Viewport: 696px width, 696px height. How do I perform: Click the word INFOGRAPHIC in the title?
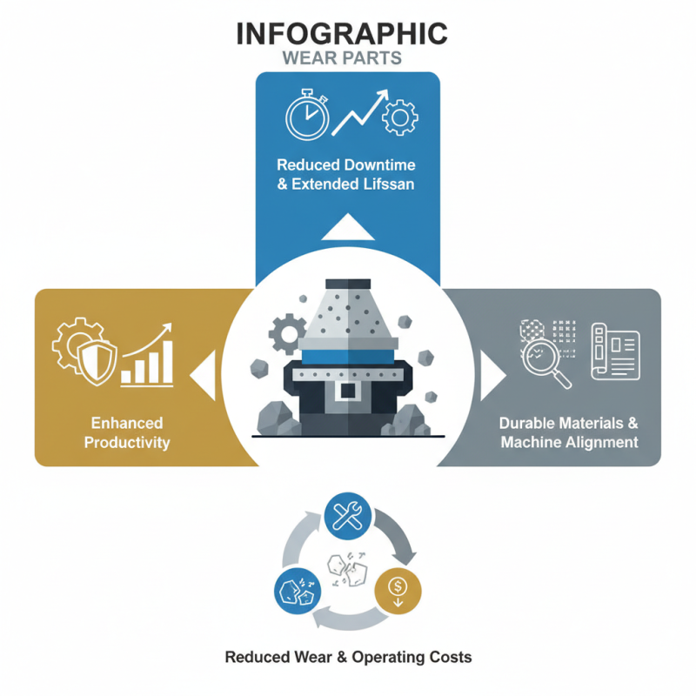point(342,34)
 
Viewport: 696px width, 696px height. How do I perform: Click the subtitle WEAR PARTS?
point(342,58)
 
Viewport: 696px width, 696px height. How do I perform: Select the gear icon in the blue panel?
point(400,117)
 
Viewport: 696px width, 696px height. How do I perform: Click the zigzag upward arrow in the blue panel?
point(360,112)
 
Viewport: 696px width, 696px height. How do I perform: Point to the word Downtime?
point(379,165)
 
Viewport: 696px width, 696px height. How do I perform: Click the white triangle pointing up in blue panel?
point(348,227)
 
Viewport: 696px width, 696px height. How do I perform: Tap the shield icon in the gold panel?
point(97,364)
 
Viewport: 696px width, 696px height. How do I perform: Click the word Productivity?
point(127,443)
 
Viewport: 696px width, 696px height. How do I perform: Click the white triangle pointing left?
point(204,375)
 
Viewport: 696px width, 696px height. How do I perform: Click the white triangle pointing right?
point(492,376)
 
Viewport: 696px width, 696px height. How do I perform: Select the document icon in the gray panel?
point(616,351)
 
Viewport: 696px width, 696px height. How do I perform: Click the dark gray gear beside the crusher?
point(287,334)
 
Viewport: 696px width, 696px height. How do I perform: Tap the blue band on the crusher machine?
point(348,357)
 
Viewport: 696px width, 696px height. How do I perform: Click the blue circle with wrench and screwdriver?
point(348,516)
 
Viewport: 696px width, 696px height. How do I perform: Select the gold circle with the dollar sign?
point(398,591)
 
